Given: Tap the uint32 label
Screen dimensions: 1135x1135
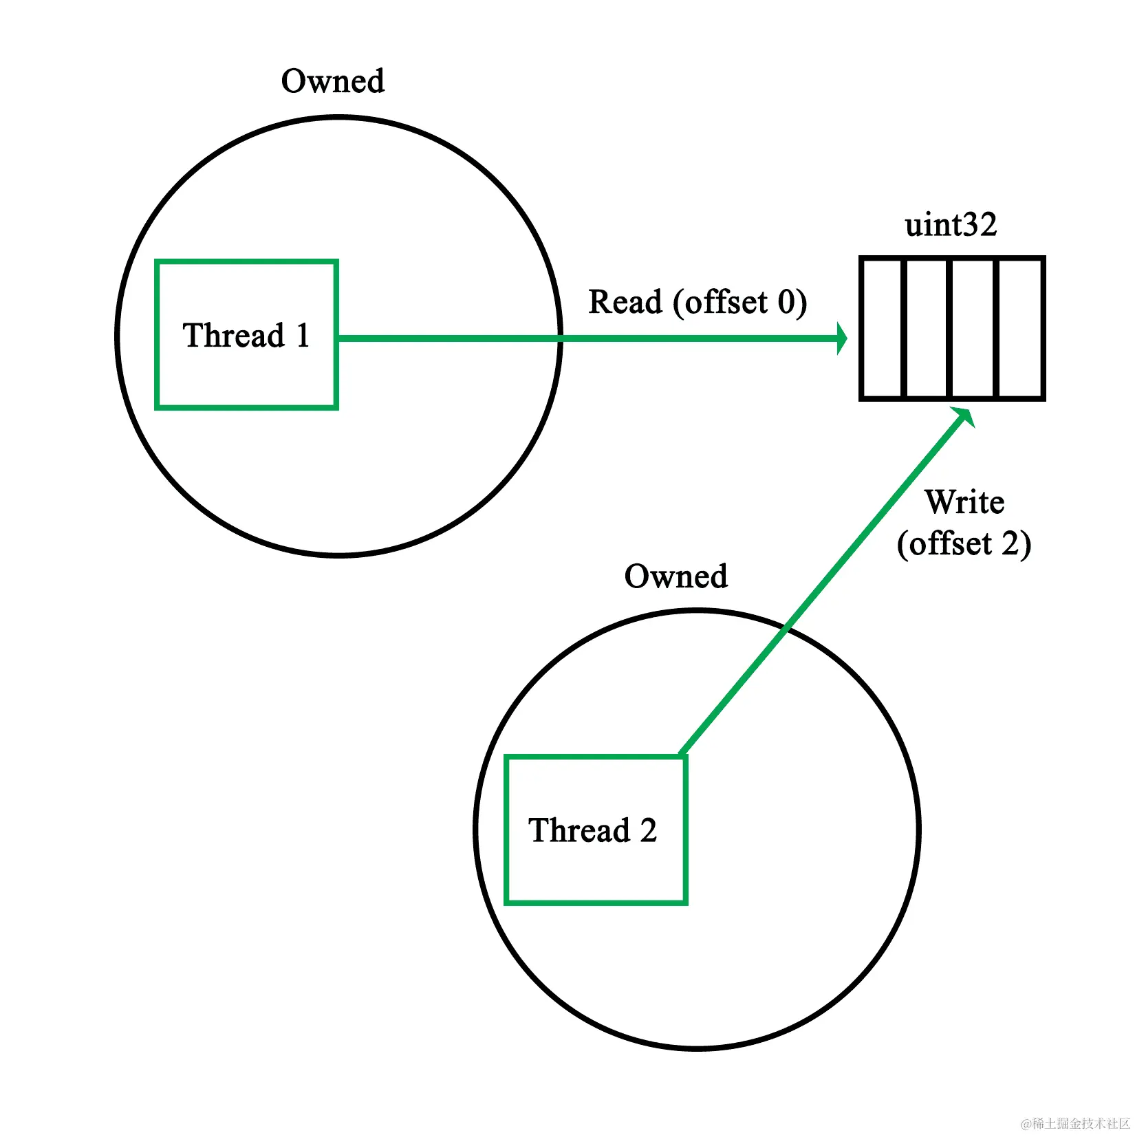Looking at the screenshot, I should click(951, 225).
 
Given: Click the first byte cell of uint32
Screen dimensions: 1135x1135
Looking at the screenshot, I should click(883, 328).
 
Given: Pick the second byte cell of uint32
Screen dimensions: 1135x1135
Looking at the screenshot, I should click(928, 328).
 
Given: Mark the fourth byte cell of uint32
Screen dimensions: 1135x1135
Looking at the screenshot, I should click(1019, 328).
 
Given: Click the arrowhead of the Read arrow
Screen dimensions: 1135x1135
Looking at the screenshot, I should click(841, 338).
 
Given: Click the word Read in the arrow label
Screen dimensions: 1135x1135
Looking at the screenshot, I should click(625, 302).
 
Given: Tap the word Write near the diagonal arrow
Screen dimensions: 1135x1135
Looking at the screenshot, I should click(964, 502).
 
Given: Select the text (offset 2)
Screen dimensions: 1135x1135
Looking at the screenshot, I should click(964, 544).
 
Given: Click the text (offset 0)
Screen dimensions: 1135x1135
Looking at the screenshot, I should click(740, 303).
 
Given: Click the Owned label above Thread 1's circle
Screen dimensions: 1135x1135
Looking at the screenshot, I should click(333, 81).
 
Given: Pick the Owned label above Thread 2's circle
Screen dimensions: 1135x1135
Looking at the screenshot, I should click(675, 576).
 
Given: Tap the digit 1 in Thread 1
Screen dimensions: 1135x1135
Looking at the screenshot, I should click(303, 336).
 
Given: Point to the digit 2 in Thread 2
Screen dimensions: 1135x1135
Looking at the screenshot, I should click(648, 830).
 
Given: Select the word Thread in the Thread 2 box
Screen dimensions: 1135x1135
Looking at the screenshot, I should click(579, 830).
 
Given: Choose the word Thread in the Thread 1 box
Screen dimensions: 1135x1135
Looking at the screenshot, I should click(234, 336).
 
